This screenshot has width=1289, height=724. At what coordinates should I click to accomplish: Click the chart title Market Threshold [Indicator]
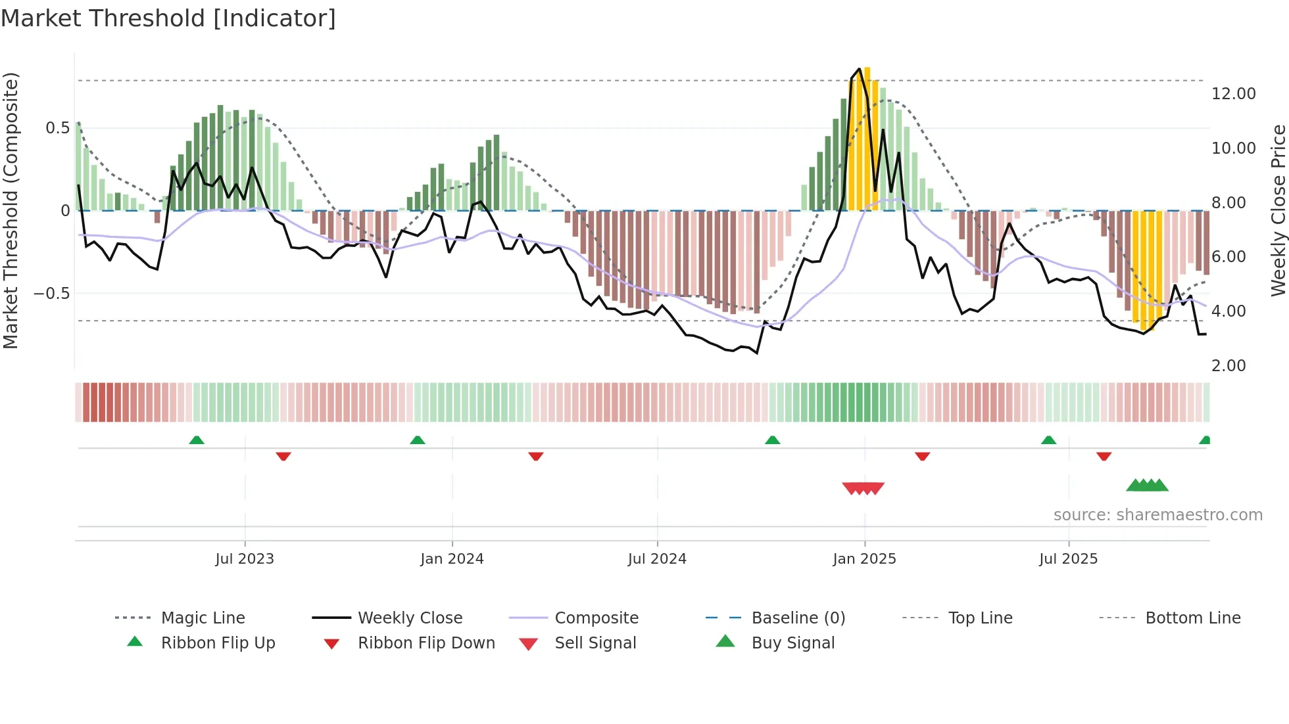(168, 18)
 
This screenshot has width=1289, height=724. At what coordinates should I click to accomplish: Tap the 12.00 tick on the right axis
(1233, 94)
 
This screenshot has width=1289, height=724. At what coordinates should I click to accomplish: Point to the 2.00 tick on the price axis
(1228, 366)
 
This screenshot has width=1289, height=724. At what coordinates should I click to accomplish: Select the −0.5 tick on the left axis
(52, 294)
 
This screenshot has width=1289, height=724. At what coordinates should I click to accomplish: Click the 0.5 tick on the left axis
(57, 128)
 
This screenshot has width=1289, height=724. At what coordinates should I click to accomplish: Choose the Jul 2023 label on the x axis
(245, 559)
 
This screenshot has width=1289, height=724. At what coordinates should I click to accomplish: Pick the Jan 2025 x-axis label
(864, 559)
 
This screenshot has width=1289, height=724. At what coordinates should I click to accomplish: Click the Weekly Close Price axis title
(1278, 210)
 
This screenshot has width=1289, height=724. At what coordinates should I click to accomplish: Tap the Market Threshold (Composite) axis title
(11, 210)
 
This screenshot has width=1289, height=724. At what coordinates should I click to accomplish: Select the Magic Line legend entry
(203, 618)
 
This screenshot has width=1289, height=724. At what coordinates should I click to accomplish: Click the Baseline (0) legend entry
(798, 618)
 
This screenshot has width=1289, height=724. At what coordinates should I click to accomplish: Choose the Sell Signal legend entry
(595, 643)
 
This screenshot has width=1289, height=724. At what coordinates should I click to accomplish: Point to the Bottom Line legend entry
(1192, 618)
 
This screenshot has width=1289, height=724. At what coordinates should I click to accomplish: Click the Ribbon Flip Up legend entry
(218, 643)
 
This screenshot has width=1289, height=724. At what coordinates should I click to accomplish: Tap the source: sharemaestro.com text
(1157, 515)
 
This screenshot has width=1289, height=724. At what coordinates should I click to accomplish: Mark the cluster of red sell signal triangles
(863, 488)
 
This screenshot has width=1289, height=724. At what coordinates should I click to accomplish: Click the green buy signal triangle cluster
(1147, 486)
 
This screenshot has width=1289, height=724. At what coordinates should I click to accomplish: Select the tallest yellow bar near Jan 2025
(867, 138)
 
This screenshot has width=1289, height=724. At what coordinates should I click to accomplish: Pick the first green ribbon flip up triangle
(197, 440)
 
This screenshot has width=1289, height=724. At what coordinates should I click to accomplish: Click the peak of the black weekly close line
(859, 69)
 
